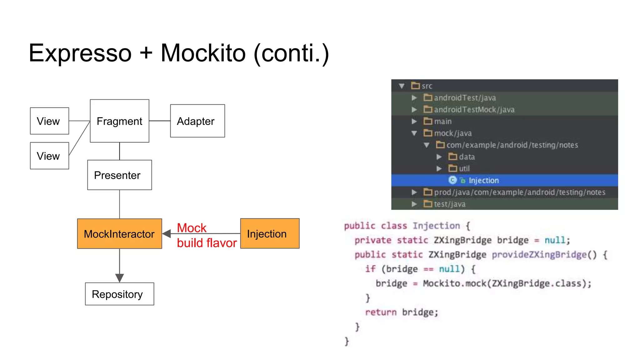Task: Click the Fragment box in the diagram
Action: tap(119, 121)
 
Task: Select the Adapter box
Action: tap(197, 121)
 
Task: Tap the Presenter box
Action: tap(119, 175)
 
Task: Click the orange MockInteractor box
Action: tap(119, 234)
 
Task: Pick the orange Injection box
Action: tap(269, 234)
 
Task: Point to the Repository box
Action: tap(119, 294)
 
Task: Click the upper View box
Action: tap(49, 121)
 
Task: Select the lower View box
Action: tap(49, 156)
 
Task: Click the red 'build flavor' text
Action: tap(207, 243)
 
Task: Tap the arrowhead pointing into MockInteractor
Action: tap(167, 233)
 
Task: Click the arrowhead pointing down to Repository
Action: tap(119, 277)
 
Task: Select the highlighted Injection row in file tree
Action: tap(483, 180)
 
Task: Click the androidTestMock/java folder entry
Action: tap(474, 110)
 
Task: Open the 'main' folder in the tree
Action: tap(442, 121)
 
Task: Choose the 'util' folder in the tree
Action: tap(464, 169)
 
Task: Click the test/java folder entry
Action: tap(449, 204)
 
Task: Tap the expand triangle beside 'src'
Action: tap(402, 86)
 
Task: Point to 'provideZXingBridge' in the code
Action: tap(539, 255)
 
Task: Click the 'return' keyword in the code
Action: tap(381, 312)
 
